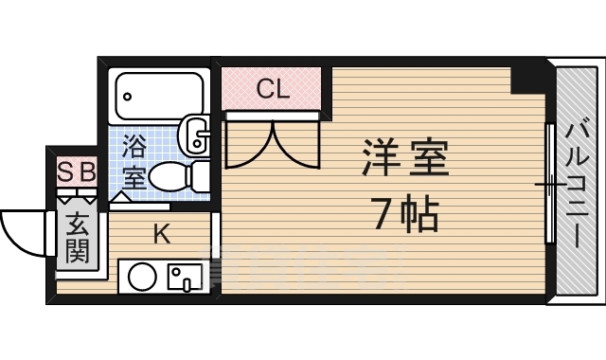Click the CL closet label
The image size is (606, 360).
coord(273,90)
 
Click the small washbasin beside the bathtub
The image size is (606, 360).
coord(196,135)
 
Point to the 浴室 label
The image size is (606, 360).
coord(134,162)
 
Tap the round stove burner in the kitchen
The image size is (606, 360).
coord(142,278)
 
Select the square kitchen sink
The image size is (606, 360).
coord(185,278)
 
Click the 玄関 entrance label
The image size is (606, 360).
coord(77,239)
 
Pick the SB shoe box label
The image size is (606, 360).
coord(77,172)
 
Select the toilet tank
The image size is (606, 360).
coord(201,176)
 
